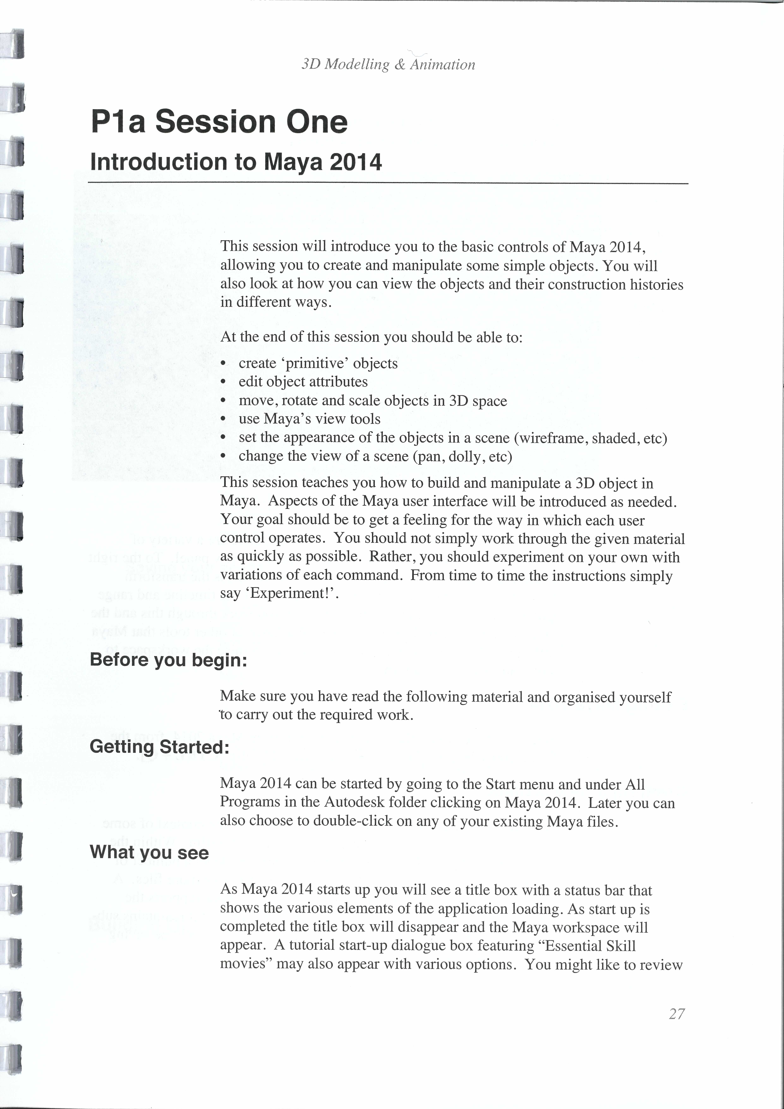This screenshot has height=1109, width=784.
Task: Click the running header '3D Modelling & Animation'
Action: point(388,64)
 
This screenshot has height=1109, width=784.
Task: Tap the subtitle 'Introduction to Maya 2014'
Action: point(236,162)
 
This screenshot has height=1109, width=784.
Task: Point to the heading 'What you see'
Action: point(149,852)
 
